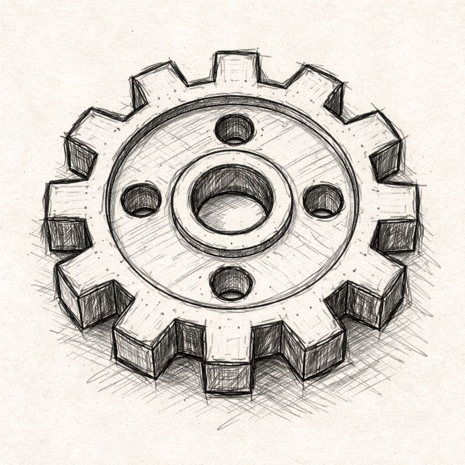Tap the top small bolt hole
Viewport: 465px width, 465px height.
[x=234, y=128]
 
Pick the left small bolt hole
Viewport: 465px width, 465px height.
[x=141, y=201]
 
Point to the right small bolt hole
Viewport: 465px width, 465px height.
[x=324, y=200]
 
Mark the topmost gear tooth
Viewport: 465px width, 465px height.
[x=235, y=67]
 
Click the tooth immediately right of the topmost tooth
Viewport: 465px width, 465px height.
[x=317, y=87]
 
